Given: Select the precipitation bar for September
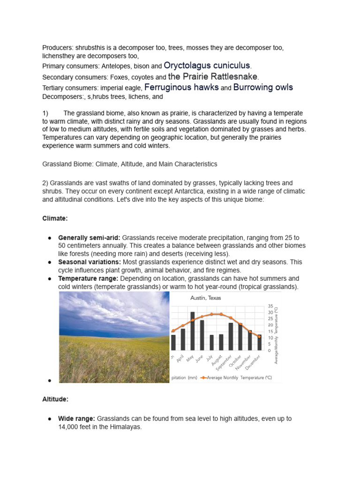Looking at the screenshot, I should click(x=231, y=336).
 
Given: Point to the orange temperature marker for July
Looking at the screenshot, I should click(x=211, y=314).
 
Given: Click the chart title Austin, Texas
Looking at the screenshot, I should click(x=205, y=298).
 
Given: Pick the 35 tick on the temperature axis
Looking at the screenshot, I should click(x=270, y=306).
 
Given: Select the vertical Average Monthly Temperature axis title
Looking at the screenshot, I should click(x=277, y=334).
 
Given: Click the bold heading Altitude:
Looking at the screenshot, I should click(x=55, y=399).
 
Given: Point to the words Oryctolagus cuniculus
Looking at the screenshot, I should click(x=207, y=66).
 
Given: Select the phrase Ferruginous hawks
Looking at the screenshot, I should click(x=181, y=87).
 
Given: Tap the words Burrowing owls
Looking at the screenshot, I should click(x=263, y=87).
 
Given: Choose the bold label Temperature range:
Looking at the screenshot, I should click(x=89, y=278).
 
